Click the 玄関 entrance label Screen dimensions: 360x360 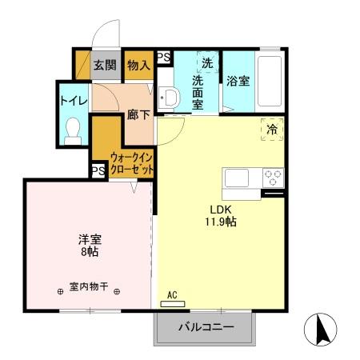(104, 66)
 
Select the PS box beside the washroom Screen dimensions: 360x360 (163, 57)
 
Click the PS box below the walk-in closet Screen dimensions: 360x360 (98, 170)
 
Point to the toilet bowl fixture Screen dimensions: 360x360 (74, 129)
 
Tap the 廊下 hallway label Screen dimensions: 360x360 (138, 114)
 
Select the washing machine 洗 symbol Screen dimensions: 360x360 (207, 62)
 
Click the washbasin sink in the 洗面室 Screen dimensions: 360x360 (170, 98)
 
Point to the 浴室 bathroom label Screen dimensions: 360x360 (239, 81)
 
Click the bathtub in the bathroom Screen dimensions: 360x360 (270, 82)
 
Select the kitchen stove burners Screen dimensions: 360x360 (273, 176)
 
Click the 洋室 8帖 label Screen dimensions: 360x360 (89, 244)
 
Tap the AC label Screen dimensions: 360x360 (172, 294)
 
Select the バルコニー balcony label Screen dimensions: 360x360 (205, 327)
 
